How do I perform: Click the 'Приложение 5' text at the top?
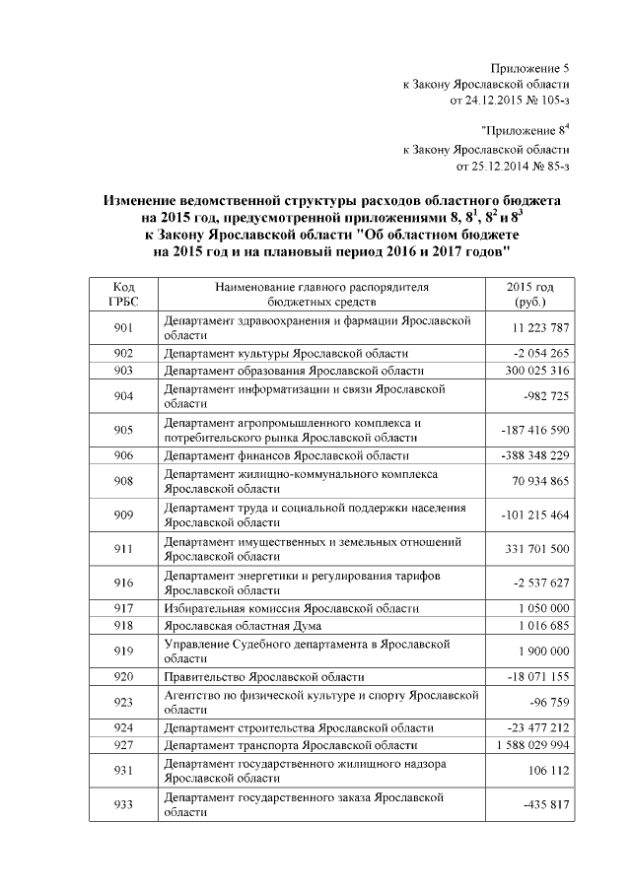(x=529, y=68)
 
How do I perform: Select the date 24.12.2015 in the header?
(x=482, y=100)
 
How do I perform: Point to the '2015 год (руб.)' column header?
(x=529, y=293)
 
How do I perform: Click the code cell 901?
(x=122, y=327)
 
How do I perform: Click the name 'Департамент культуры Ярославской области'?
(x=286, y=353)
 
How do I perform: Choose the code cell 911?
(x=122, y=549)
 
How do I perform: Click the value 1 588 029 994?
(x=528, y=745)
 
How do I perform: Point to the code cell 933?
(x=122, y=804)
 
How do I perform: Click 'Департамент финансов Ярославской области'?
(x=286, y=455)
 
